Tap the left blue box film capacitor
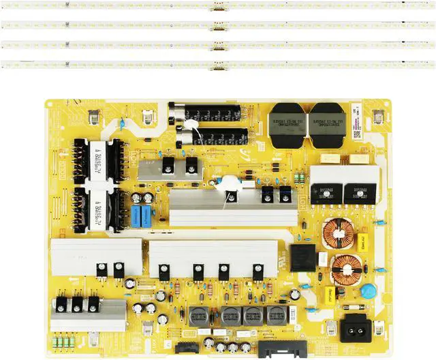point(137,217)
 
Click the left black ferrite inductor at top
point(288,124)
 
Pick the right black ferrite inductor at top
point(327,124)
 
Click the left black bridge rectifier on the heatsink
point(326,192)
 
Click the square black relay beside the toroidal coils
point(302,258)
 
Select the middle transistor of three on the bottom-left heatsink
point(77,304)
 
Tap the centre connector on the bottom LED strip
point(218,66)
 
